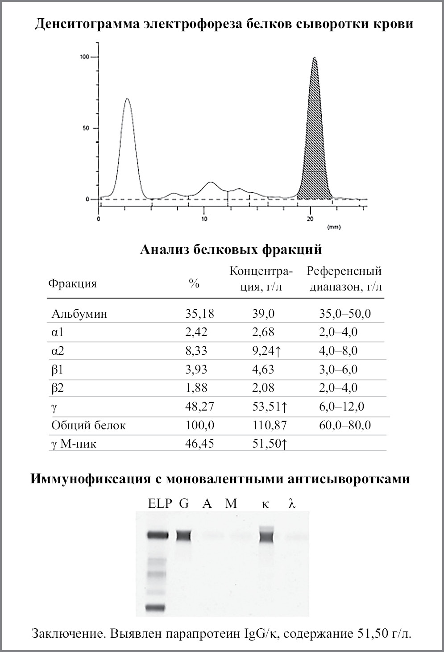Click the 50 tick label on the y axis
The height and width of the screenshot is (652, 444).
86,128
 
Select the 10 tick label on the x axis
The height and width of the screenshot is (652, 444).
204,219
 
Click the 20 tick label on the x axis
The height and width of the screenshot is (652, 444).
311,219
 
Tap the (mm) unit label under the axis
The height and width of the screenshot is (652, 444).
334,227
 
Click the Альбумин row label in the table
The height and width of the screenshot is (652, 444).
79,314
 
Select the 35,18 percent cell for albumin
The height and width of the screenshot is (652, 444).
199,314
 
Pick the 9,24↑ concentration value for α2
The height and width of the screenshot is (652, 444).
266,351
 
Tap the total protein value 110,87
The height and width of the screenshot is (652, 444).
269,425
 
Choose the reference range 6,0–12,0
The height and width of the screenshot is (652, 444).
341,407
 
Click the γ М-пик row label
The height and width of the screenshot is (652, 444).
74,444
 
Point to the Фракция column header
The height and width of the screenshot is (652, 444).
72,283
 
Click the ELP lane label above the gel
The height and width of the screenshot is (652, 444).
160,504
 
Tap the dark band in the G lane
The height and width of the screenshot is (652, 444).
183,536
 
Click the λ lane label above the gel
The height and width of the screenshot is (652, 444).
292,504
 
